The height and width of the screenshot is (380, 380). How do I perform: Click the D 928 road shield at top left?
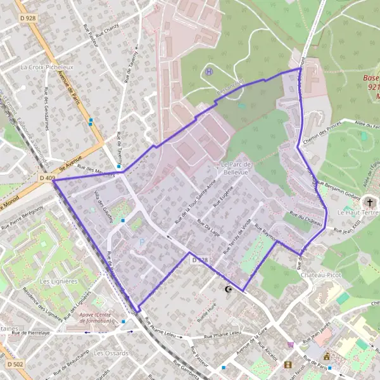tap(28, 18)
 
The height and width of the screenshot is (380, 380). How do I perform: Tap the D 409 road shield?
tap(46, 179)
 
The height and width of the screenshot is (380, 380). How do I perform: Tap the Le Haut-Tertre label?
tap(358, 213)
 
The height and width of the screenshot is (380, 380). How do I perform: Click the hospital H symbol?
tap(209, 72)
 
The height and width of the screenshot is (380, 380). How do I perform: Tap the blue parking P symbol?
tap(141, 241)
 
